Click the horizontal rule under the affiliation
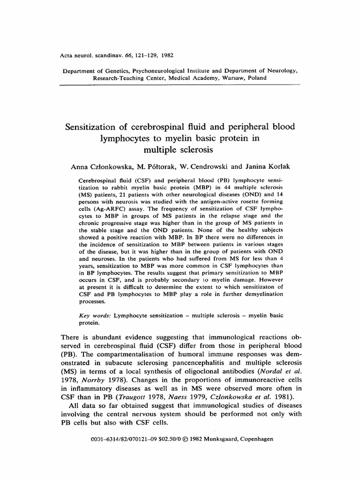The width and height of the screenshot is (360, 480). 180,85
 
